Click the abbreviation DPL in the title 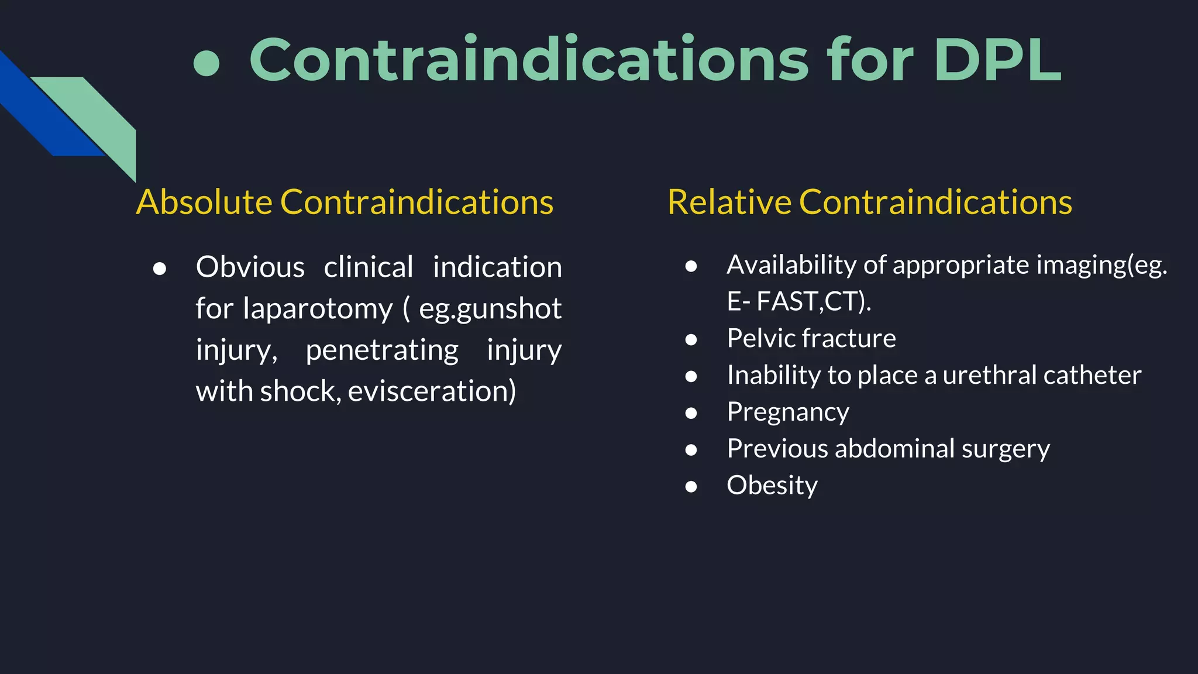[x=997, y=60]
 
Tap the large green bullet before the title [x=206, y=63]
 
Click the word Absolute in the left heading [x=204, y=202]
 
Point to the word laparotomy [x=318, y=309]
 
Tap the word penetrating [x=382, y=350]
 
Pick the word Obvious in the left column [x=250, y=267]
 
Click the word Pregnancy [x=788, y=412]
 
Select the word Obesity [x=772, y=486]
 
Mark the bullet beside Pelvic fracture [x=691, y=339]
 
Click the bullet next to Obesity [x=691, y=487]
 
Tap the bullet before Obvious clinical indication [x=159, y=269]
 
